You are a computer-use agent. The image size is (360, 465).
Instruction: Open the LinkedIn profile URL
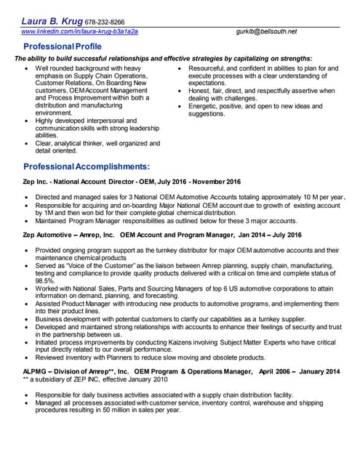pos(79,31)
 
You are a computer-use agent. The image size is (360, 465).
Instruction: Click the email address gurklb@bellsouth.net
pos(266,31)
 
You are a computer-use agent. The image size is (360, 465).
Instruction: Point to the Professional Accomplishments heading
pos(87,166)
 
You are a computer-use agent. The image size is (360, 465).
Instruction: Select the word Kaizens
pos(180,341)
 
